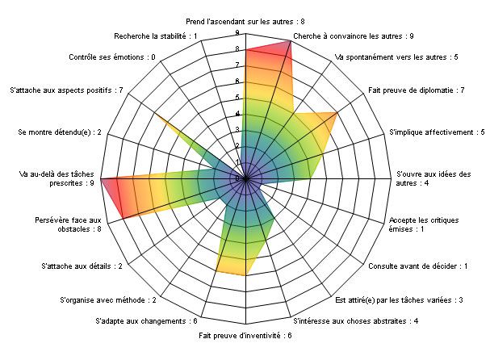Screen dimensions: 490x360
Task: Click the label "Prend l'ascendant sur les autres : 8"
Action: pos(245,22)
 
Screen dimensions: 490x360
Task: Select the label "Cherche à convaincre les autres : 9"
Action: pos(353,36)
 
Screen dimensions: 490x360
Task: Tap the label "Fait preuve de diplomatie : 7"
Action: pos(417,90)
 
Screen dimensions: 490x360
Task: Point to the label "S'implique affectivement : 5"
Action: pos(437,132)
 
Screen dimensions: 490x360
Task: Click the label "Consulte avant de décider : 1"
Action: pos(418,266)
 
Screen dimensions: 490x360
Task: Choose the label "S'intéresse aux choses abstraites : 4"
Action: pos(356,321)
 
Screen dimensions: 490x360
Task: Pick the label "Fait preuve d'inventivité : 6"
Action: pos(245,336)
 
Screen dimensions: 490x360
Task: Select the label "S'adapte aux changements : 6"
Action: pos(146,321)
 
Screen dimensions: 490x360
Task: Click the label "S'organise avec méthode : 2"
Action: pos(108,300)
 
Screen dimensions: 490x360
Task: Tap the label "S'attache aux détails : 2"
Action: pos(82,266)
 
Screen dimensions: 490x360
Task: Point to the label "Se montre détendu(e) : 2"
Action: pos(60,132)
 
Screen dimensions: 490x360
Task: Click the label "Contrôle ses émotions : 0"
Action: pos(112,57)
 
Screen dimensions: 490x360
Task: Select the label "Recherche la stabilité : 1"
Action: pos(156,36)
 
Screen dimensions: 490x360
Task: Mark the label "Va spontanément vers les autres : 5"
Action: pos(396,57)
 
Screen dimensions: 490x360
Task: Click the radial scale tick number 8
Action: pos(237,49)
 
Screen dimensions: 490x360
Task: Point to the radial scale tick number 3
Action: pos(237,129)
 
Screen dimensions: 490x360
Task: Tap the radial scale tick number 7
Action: pos(237,65)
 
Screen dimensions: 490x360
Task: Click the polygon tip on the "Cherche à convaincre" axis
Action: pos(291,41)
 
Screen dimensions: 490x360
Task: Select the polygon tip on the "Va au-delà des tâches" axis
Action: pos(101,178)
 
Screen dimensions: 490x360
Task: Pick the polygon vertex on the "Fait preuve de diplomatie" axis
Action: pos(337,112)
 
